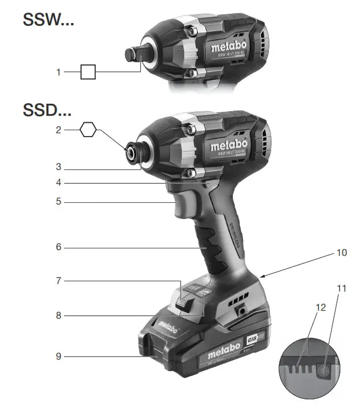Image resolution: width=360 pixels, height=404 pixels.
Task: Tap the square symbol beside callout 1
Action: (x=88, y=72)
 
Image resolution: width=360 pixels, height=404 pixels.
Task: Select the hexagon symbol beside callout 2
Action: (x=88, y=130)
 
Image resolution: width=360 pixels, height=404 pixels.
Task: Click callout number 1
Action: (x=58, y=72)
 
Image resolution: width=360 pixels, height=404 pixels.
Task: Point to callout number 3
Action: (x=58, y=168)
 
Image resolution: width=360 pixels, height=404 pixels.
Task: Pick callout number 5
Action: (x=58, y=202)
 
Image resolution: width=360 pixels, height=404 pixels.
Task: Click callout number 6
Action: (x=58, y=247)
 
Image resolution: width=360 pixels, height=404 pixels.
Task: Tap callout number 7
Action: (x=58, y=281)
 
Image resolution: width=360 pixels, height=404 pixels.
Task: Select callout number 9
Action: (x=58, y=356)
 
